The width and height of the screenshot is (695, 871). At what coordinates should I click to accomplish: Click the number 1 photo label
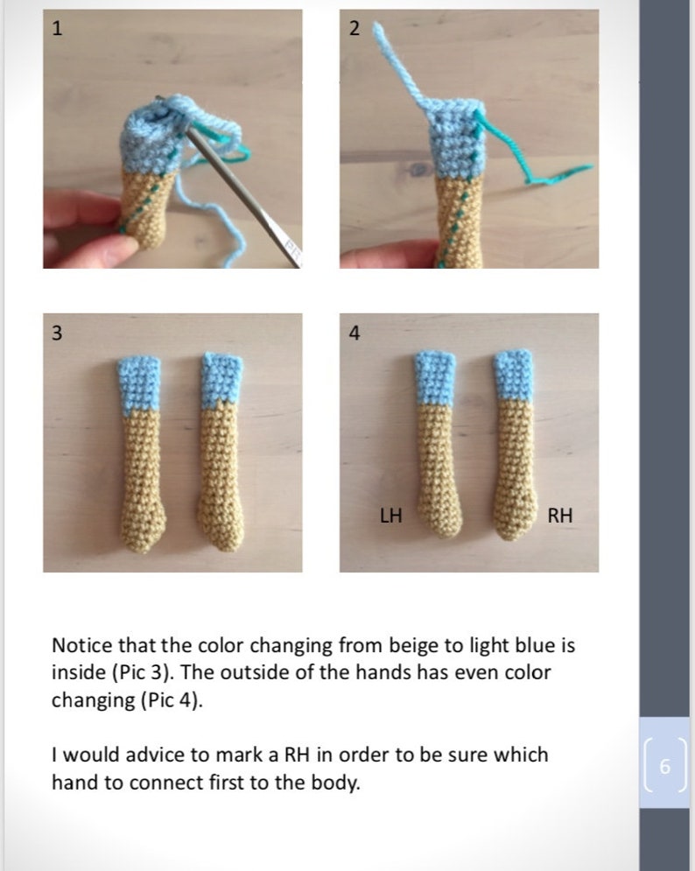tap(58, 28)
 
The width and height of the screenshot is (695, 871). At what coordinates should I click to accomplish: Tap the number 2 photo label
tap(354, 28)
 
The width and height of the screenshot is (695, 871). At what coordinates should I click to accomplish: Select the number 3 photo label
tap(58, 333)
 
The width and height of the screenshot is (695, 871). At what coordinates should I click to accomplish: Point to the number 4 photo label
tap(354, 333)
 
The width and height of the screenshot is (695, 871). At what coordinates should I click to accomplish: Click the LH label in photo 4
tap(390, 516)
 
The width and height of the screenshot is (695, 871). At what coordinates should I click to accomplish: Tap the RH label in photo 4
tap(559, 516)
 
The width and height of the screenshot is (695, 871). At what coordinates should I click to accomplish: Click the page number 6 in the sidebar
tap(663, 767)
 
